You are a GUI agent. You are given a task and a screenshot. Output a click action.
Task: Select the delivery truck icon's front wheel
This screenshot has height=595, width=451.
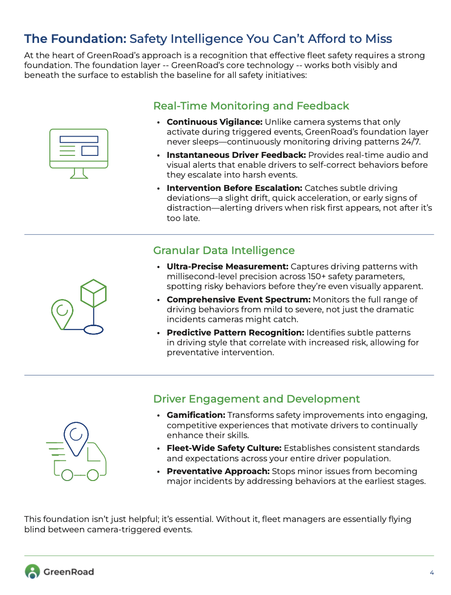click(93, 475)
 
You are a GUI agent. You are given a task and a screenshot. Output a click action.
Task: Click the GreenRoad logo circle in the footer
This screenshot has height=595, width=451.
click(32, 571)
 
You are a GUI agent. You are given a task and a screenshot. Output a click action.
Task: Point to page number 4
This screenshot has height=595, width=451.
click(432, 572)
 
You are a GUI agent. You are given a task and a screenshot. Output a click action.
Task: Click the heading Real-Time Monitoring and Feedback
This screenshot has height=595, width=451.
click(251, 106)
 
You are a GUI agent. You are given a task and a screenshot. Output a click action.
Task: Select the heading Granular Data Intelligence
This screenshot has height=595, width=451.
click(224, 250)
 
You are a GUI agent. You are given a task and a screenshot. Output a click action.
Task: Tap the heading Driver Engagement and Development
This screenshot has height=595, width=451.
click(257, 399)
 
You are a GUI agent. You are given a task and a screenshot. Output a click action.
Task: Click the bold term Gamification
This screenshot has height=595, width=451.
click(196, 415)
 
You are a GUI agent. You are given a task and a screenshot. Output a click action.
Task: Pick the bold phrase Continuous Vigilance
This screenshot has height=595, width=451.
click(214, 122)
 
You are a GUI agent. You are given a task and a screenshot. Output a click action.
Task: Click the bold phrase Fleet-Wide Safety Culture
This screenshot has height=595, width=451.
click(224, 448)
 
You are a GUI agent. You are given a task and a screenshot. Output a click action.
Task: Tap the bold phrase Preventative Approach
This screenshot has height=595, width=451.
click(218, 471)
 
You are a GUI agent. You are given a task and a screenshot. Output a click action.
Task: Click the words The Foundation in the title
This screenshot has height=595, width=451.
click(75, 38)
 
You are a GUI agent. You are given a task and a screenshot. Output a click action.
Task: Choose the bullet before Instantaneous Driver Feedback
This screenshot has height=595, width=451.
click(158, 155)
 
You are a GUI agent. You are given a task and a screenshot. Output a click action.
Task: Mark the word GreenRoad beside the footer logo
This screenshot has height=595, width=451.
click(69, 572)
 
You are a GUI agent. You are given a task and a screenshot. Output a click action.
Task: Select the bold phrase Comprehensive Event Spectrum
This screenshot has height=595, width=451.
click(238, 299)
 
